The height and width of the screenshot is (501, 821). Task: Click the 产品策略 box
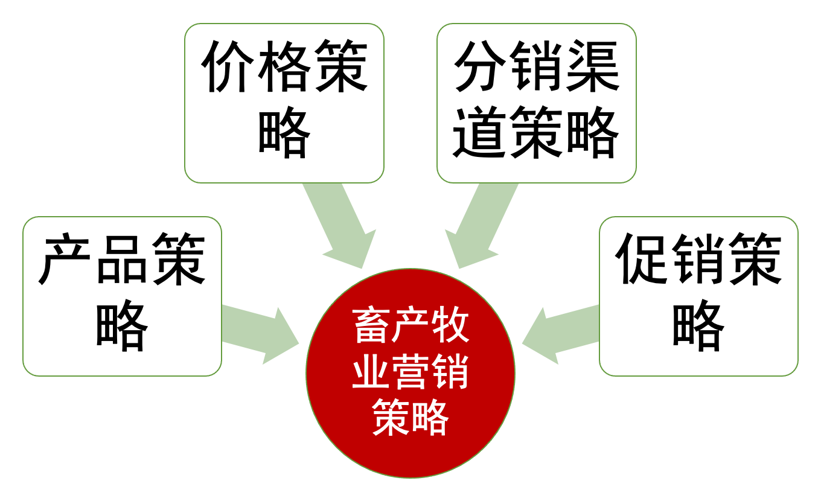coord(122,296)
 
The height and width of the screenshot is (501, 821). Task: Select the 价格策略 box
coord(284,103)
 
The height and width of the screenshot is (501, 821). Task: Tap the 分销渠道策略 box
coord(536,103)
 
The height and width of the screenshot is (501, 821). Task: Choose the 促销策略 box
coord(698,296)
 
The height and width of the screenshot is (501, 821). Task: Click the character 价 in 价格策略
coord(228,66)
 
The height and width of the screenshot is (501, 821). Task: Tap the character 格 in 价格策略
coord(284,66)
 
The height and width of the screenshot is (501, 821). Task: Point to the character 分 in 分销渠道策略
coord(480,66)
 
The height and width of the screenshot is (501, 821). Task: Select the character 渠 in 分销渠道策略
coord(592,66)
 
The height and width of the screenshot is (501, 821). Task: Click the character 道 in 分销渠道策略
coord(480,133)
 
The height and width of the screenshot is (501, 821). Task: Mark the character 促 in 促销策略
coord(642,260)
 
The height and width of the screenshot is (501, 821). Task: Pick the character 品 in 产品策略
coord(122,260)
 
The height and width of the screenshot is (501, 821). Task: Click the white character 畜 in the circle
coord(372,327)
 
